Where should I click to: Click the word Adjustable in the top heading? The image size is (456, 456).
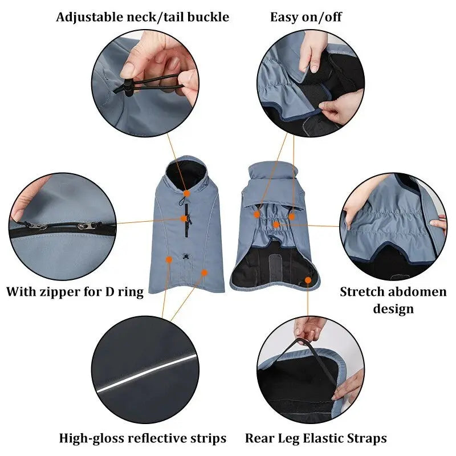pyautogui.click(x=89, y=17)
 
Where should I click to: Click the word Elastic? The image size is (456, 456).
pyautogui.click(x=323, y=438)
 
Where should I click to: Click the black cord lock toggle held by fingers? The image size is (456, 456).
pyautogui.click(x=127, y=87)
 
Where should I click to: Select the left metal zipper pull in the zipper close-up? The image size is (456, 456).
pyautogui.click(x=36, y=226)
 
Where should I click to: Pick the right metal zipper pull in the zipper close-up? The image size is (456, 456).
pyautogui.click(x=87, y=225)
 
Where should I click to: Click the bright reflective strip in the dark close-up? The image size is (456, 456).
pyautogui.click(x=145, y=373)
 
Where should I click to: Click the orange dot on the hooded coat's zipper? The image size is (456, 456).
pyautogui.click(x=184, y=218)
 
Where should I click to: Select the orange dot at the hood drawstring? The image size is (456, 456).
pyautogui.click(x=187, y=193)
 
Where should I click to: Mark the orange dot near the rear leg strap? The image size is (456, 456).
pyautogui.click(x=308, y=280)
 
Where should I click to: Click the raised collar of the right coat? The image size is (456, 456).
pyautogui.click(x=272, y=172)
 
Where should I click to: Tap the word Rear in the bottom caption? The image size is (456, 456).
pyautogui.click(x=260, y=438)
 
